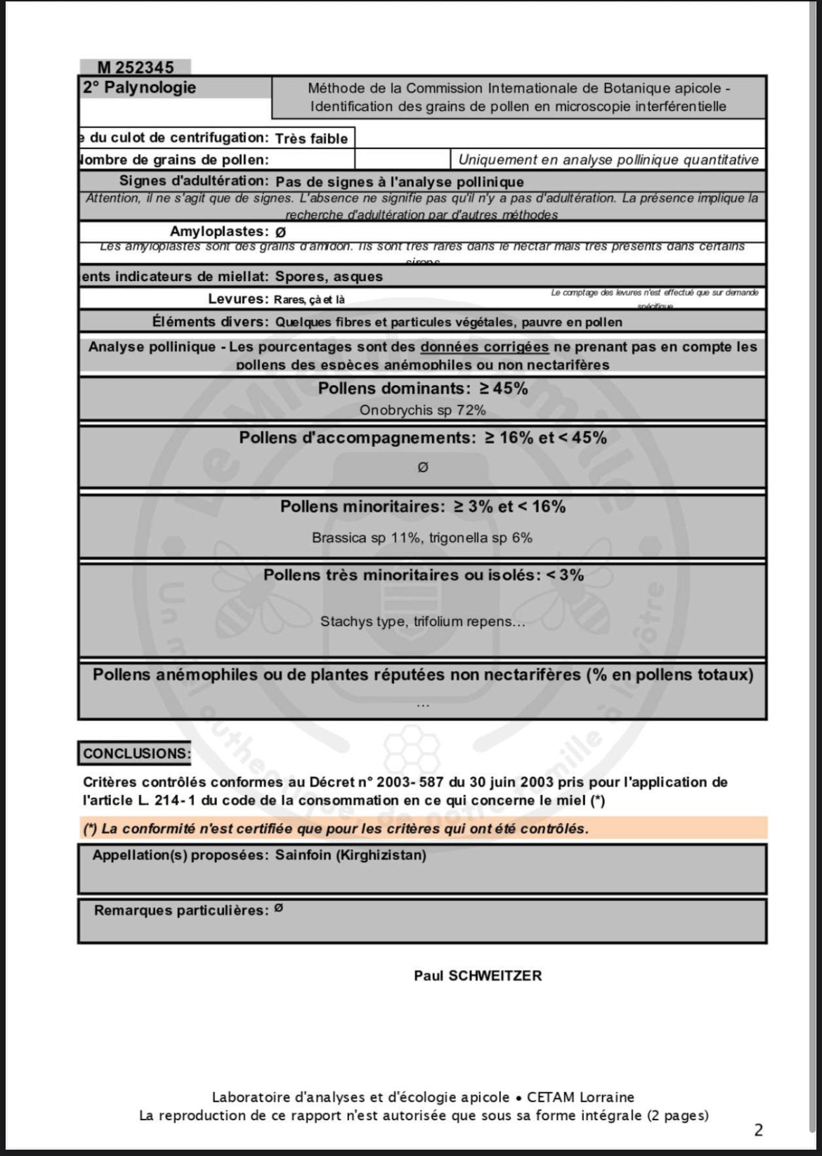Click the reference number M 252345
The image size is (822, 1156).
pos(135,67)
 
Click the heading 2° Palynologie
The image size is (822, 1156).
pos(139,88)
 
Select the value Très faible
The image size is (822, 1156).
pos(311,138)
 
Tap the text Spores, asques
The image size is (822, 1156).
pos(329,277)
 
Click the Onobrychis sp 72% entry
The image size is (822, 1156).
pos(422,410)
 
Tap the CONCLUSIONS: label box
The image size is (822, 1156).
pos(136,753)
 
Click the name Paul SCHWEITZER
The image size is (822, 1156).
pos(478,975)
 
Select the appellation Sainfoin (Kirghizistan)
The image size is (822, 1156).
pos(351,855)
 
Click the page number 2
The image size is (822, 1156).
pos(758,1130)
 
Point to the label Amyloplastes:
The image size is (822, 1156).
pos(218,232)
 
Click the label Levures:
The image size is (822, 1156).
pos(238,299)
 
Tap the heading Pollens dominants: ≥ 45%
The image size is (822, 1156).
pos(422,389)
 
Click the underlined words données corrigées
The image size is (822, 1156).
pos(484,347)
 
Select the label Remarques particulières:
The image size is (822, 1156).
pos(181,911)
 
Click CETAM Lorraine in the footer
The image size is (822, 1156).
pos(580,1097)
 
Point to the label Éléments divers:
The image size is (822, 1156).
pos(210,322)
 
